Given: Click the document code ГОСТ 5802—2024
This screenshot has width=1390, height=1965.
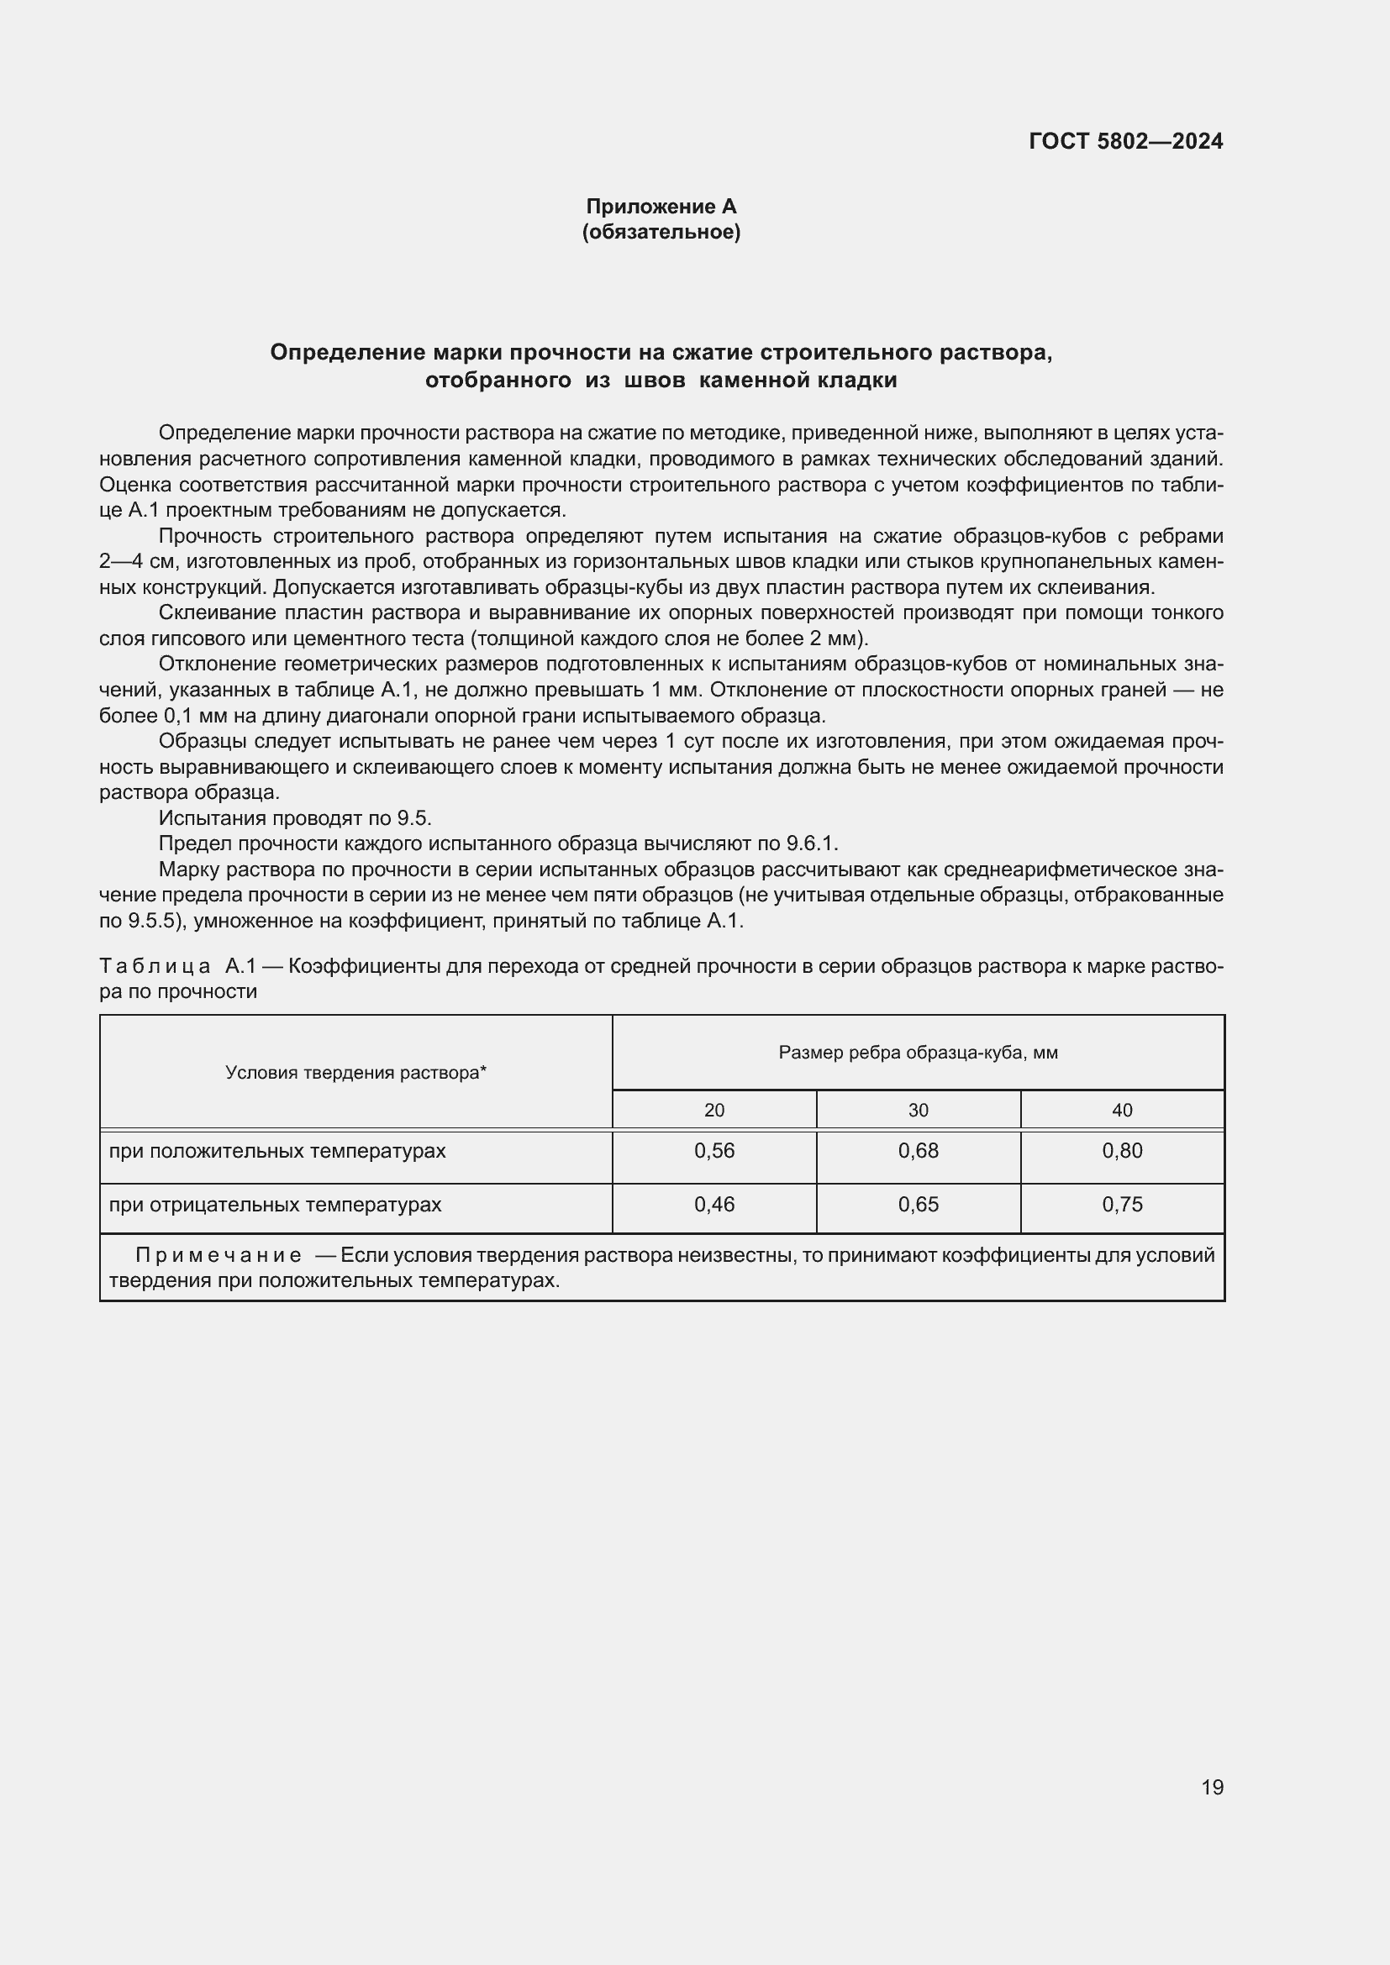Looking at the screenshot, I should (1125, 141).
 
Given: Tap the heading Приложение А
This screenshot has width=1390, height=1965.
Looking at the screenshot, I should (661, 207).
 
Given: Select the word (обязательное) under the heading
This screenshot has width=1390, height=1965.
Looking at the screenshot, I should (661, 232).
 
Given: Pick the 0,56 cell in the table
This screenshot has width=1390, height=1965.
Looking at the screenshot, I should (713, 1150).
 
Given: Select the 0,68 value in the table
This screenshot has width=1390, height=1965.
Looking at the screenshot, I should (919, 1150).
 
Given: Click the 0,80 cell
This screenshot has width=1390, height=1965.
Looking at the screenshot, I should (1122, 1150).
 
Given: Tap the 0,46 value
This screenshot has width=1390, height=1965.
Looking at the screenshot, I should (713, 1204).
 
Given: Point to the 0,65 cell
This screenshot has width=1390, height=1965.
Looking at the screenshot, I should (919, 1204).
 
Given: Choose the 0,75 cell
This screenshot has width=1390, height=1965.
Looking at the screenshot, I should (1122, 1204).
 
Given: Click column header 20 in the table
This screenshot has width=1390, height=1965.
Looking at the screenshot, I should (713, 1110).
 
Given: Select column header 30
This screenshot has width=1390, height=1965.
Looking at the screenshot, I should (919, 1110).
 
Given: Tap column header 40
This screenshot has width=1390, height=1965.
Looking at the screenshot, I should (1122, 1110).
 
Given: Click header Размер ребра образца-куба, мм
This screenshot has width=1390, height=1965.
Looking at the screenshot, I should (918, 1053).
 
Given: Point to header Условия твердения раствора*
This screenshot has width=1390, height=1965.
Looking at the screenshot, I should (355, 1072).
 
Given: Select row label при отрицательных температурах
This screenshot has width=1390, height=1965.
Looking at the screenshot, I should (275, 1204).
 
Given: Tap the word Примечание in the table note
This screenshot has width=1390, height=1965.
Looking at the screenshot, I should (219, 1255).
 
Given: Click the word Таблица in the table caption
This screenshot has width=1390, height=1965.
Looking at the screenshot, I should (155, 966).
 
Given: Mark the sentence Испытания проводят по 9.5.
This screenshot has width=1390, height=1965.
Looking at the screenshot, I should (294, 818).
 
